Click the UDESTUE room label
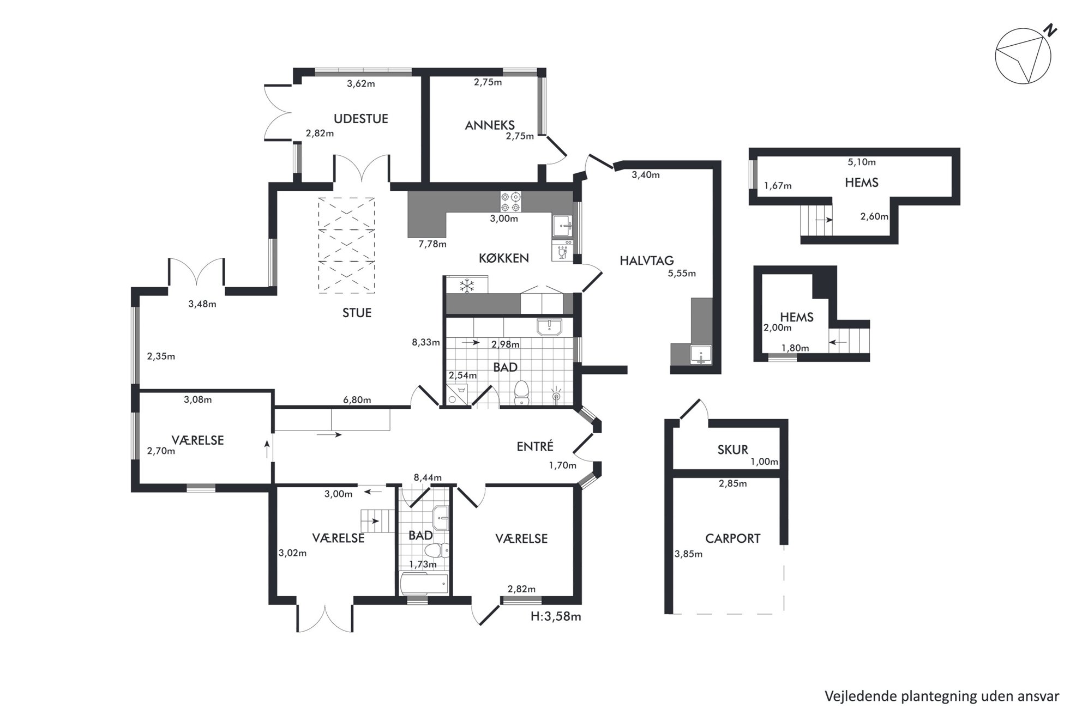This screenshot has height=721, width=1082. point(360,119)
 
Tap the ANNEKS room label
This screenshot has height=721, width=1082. point(490,125)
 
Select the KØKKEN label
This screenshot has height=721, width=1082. point(504,258)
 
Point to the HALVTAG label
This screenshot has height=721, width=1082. point(647,261)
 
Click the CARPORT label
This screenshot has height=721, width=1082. point(732,538)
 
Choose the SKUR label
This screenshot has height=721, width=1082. point(732,450)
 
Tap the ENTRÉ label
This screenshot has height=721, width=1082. point(535,446)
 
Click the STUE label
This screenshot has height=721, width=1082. point(357,313)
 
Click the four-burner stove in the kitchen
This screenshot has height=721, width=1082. point(511,202)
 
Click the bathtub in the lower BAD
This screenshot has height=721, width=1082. point(424,584)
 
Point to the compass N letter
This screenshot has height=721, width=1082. point(1049,32)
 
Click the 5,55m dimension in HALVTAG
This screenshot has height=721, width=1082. point(682,274)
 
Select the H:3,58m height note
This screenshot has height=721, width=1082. point(556,616)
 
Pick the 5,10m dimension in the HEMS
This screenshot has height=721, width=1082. point(862,162)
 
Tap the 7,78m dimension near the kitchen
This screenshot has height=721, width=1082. point(432,244)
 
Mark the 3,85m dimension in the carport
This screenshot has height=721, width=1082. point(688,554)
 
